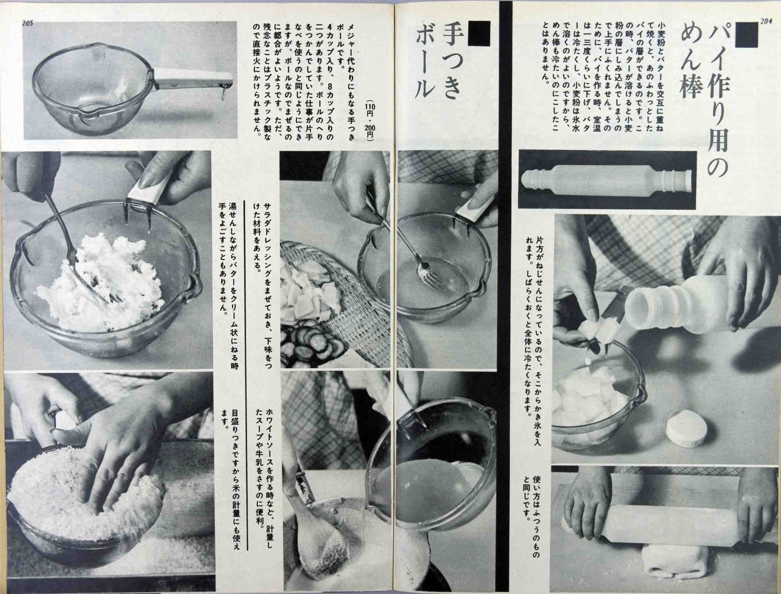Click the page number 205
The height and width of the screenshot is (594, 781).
pos(27,23)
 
